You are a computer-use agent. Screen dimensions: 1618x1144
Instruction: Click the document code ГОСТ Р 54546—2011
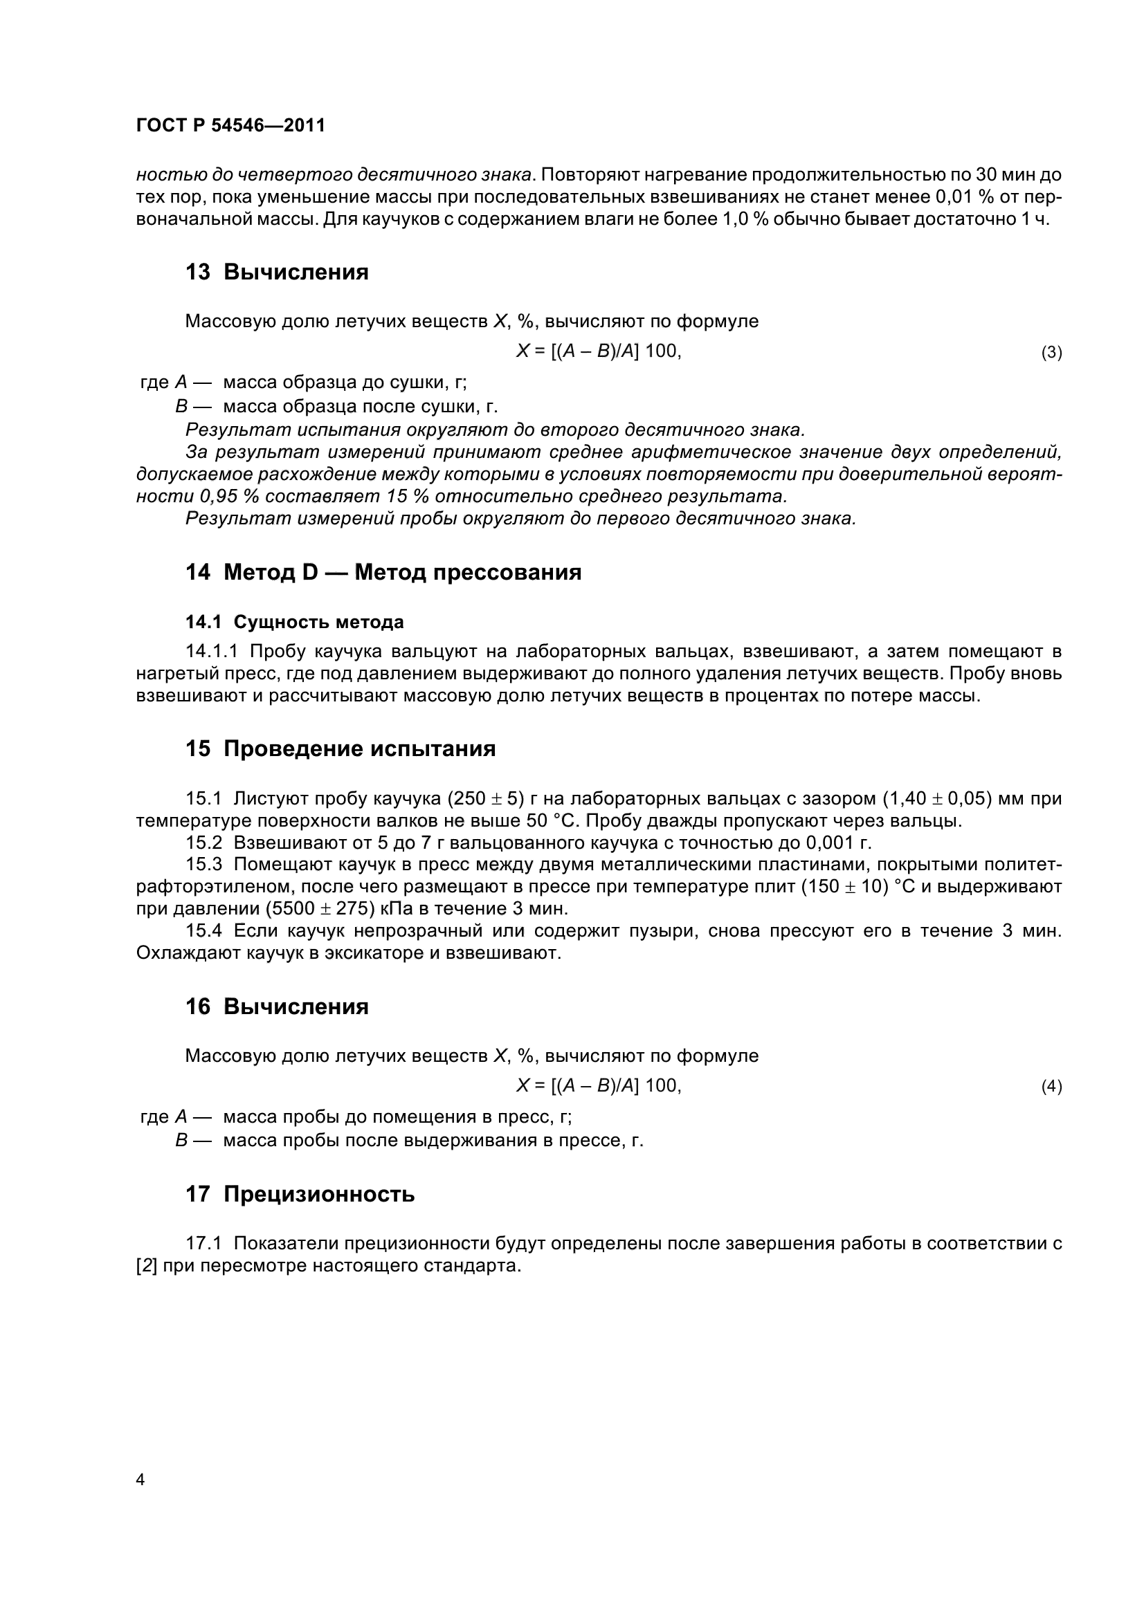pos(230,126)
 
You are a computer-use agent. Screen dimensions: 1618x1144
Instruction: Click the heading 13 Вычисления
pos(276,273)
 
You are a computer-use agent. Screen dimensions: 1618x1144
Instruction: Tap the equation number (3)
pos(1051,352)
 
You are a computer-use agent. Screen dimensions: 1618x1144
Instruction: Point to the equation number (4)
pos(1051,1087)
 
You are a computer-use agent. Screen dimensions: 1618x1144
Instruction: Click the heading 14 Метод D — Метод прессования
pos(383,572)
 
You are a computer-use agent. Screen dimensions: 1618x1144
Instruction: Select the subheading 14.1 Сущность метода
pos(295,623)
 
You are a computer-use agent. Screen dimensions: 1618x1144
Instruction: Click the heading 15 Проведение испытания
pos(341,748)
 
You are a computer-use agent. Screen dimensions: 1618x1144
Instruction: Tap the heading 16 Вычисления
pos(276,1006)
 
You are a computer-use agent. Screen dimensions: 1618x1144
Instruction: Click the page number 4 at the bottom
pos(140,1478)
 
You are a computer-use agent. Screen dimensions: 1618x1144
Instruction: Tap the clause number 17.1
pos(203,1243)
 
